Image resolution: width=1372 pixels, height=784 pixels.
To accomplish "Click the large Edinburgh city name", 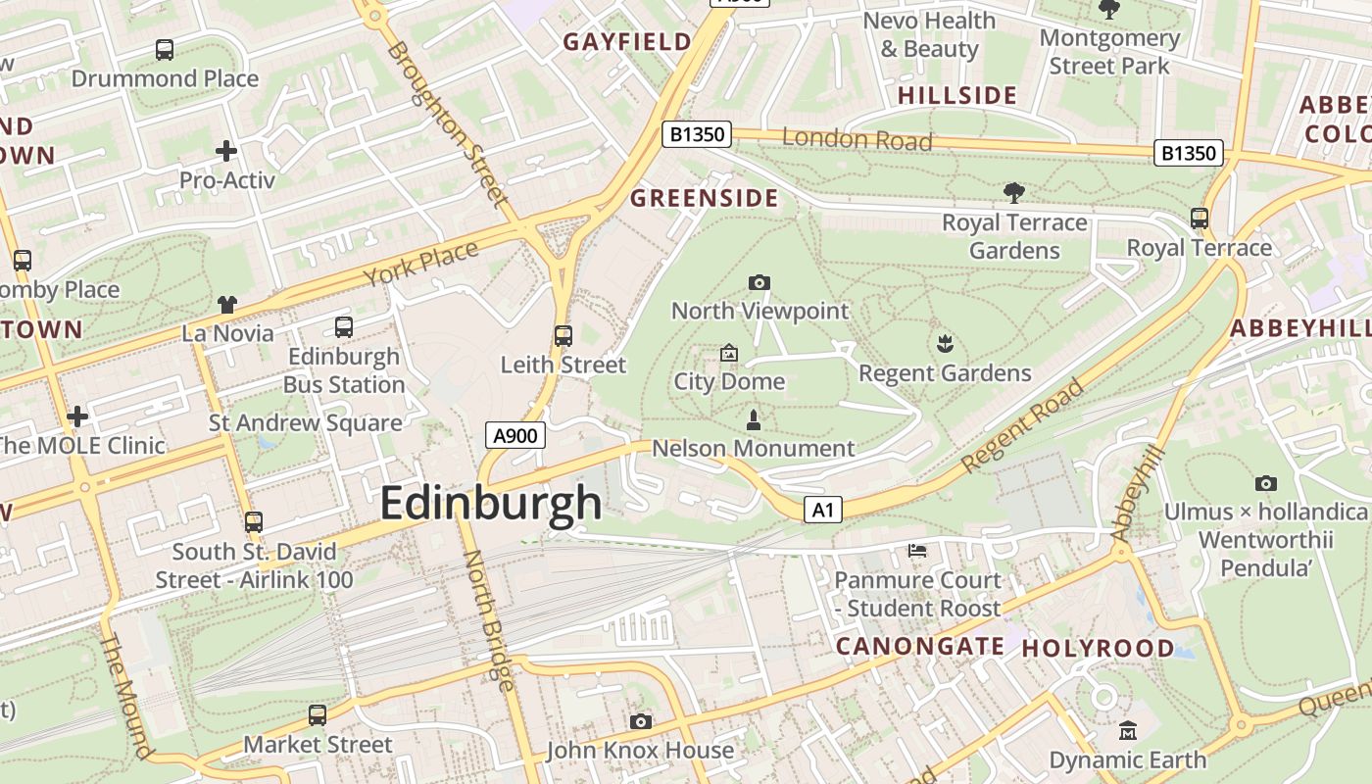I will [490, 504].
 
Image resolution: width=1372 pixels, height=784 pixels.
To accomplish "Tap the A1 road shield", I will [823, 510].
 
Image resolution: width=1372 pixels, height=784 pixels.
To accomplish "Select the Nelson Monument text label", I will [753, 449].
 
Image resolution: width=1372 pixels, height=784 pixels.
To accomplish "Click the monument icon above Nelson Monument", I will [754, 420].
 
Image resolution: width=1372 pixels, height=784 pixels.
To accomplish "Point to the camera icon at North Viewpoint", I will [759, 283].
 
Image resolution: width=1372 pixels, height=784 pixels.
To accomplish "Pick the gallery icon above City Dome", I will [729, 353].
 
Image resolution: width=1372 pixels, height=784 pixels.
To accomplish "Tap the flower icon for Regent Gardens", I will [945, 344].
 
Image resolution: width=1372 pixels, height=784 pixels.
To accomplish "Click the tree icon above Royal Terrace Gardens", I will [1014, 193].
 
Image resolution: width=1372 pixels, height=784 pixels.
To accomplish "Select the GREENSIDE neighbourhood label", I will [704, 199].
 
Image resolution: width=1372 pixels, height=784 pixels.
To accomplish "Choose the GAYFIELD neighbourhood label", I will [627, 42].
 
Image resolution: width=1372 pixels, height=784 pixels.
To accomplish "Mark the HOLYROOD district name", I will [1098, 649].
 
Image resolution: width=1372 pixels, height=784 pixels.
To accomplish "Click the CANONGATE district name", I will [919, 646].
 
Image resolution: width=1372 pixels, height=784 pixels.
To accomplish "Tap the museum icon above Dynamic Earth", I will [1128, 731].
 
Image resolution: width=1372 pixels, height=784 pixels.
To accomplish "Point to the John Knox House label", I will [640, 751].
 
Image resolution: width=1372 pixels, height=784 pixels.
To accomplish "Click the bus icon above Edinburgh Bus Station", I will [343, 327].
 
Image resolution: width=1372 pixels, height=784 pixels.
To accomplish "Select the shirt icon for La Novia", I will [227, 305].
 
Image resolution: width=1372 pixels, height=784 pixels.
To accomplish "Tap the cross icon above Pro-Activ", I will [226, 151].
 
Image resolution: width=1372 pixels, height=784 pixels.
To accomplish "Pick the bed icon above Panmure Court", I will [917, 551].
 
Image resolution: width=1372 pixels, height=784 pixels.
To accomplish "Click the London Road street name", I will [857, 139].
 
